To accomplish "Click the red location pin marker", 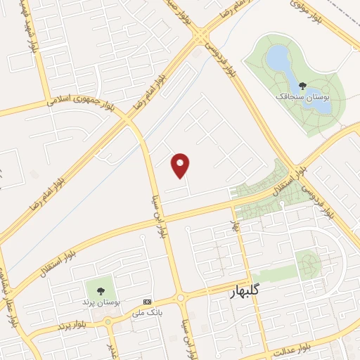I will tap(181, 165).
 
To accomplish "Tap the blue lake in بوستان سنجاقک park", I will tap(281, 60).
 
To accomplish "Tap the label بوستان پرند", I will tap(100, 302).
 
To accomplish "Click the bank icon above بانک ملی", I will tap(147, 300).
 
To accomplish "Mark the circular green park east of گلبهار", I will tap(307, 264).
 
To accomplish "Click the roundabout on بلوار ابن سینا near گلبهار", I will tap(181, 298).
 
